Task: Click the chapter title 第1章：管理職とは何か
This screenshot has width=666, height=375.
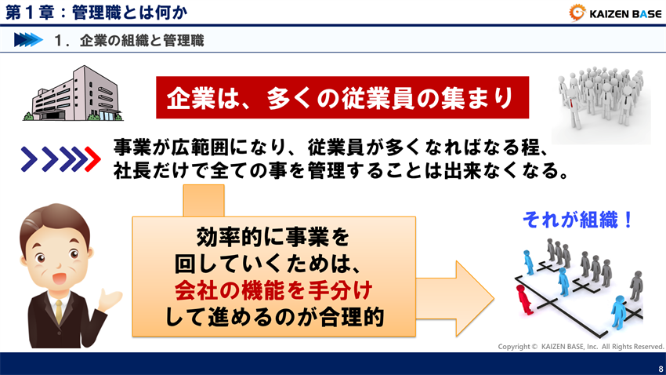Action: pyautogui.click(x=86, y=12)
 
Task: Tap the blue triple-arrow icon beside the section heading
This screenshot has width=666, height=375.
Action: pyautogui.click(x=27, y=41)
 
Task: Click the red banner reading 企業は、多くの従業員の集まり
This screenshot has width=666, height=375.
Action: pyautogui.click(x=340, y=98)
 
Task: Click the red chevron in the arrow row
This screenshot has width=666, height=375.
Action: pyautogui.click(x=91, y=159)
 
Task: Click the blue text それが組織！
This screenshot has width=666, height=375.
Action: pyautogui.click(x=577, y=220)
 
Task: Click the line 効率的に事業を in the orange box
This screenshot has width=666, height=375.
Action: pyautogui.click(x=272, y=235)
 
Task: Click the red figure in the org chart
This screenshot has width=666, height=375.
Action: pyautogui.click(x=523, y=297)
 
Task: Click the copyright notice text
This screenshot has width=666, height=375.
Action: pyautogui.click(x=581, y=346)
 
